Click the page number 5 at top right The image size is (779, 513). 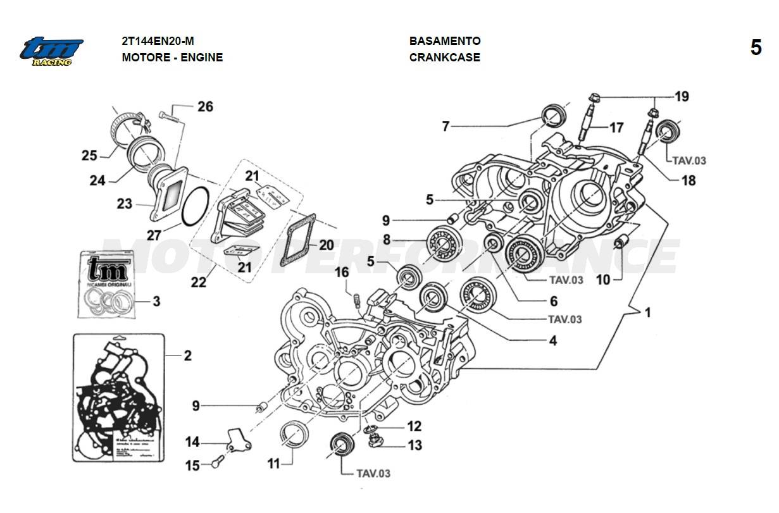pyautogui.click(x=756, y=48)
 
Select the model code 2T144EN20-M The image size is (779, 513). pyautogui.click(x=158, y=41)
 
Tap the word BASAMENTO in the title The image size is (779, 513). pyautogui.click(x=444, y=41)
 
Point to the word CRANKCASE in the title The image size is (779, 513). pyautogui.click(x=444, y=58)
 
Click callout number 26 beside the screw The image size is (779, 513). pyautogui.click(x=205, y=107)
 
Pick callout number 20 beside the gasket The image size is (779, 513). pyautogui.click(x=326, y=245)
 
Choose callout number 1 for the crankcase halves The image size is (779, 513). pyautogui.click(x=647, y=312)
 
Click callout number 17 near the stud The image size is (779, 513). pyautogui.click(x=616, y=128)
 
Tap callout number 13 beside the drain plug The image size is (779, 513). pyautogui.click(x=414, y=446)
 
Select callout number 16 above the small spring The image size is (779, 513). pyautogui.click(x=342, y=273)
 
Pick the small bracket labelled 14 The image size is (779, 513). pyautogui.click(x=235, y=441)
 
